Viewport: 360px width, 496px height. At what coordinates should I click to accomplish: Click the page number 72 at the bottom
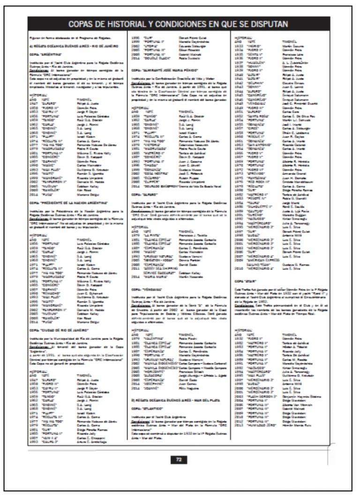pos(179,460)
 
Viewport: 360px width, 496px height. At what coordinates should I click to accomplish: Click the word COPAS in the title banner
pos(84,23)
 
